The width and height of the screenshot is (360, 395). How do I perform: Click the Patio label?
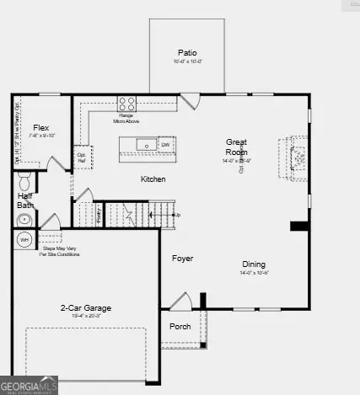[186, 51]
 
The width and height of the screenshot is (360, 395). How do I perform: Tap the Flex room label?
[40, 126]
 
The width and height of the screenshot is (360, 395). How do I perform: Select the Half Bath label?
[26, 200]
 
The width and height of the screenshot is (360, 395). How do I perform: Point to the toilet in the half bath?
[24, 179]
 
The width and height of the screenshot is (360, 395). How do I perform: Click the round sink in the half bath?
[24, 219]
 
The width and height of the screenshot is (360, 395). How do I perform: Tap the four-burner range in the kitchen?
[126, 104]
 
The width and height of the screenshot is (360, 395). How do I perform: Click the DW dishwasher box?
[166, 144]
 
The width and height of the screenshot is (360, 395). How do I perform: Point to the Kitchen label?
[153, 179]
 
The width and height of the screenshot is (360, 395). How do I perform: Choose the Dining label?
[254, 264]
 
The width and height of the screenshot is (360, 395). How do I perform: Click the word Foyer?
[183, 259]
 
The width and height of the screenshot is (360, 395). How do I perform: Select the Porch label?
[180, 326]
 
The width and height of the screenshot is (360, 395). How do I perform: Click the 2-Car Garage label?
[85, 308]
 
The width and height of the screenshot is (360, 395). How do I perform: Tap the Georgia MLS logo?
[30, 385]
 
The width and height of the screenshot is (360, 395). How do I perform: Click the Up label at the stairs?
[176, 215]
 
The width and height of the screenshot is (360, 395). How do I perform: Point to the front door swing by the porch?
[180, 302]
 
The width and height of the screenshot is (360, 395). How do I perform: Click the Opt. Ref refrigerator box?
[82, 156]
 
